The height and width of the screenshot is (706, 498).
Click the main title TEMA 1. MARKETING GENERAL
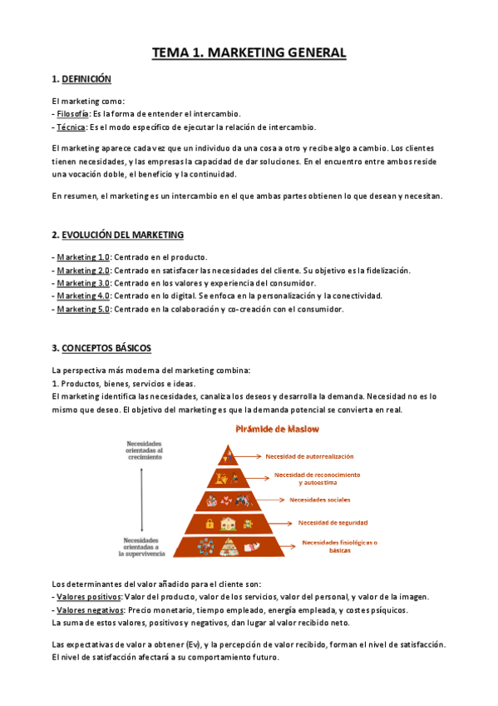coord(249,53)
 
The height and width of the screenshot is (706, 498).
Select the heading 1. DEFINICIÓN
coord(81,79)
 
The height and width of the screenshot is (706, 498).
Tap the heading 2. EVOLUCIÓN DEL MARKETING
coord(117,235)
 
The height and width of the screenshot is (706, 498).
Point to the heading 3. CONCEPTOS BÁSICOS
coord(101,347)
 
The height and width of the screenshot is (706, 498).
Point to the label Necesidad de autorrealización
coord(308,456)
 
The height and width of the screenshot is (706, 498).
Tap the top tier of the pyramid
coord(228,455)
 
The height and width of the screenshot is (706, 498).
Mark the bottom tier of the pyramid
coord(228,546)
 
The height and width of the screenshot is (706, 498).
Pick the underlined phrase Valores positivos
coord(86,597)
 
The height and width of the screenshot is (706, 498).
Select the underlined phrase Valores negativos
coord(88,610)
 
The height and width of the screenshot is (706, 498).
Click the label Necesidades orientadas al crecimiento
coord(145,449)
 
